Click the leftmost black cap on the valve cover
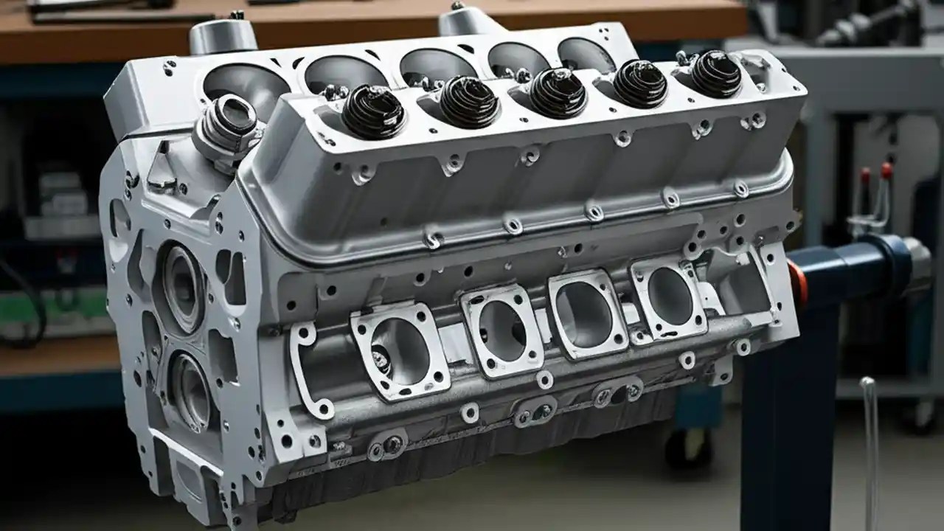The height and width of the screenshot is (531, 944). click(372, 111)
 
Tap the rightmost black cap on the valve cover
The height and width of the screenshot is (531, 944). click(715, 73)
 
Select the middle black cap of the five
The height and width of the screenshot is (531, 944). click(558, 92)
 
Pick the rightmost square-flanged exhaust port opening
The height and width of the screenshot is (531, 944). click(670, 296)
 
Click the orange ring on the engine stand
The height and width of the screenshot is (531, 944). click(796, 284)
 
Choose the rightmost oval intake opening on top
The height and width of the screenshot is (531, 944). click(586, 55)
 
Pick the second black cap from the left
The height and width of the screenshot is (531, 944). click(468, 101)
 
